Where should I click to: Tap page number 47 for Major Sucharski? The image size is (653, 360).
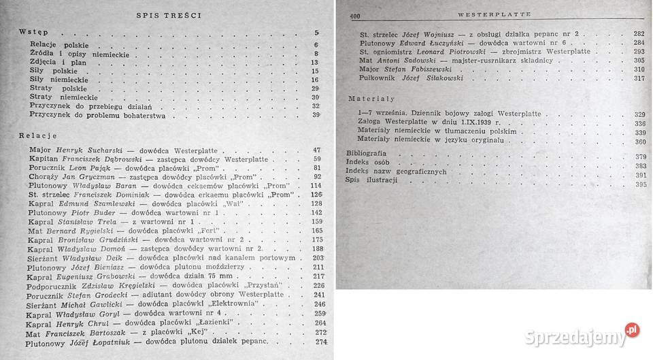pyautogui.click(x=316, y=149)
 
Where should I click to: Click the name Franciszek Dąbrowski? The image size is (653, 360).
pyautogui.click(x=97, y=159)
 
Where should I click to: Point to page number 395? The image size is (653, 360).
pyautogui.click(x=639, y=184)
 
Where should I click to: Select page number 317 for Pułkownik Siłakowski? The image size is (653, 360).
pyautogui.click(x=639, y=78)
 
